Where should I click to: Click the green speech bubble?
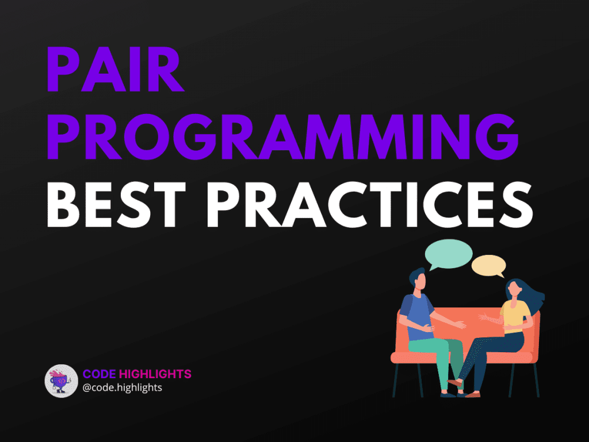pos(448,254)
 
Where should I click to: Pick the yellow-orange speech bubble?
pos(488,266)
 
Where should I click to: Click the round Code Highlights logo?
pos(61,381)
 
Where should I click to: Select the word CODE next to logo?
pos(99,375)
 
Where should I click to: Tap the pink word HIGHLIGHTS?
pos(155,375)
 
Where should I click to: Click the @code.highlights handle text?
pos(123,388)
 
